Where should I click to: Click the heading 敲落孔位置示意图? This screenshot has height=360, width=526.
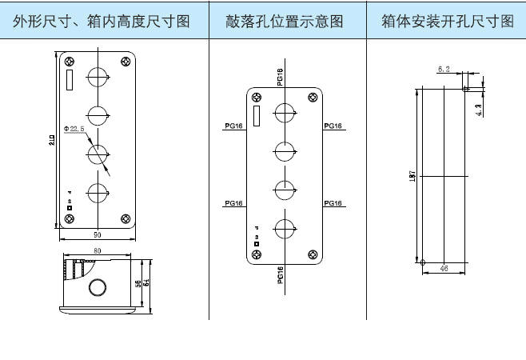pos(286,22)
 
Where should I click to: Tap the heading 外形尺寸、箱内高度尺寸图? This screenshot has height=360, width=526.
pos(102,22)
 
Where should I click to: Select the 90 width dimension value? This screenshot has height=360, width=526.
pos(96,234)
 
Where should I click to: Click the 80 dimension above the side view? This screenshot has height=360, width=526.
pos(96,250)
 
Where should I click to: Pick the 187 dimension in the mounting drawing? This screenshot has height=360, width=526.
pos(410,175)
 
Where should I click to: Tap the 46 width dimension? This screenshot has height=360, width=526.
pos(444,269)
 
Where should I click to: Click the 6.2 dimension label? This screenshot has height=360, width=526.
pos(444,70)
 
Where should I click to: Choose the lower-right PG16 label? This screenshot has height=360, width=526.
pos(333,204)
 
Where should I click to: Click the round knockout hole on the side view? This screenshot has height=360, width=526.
pos(98,289)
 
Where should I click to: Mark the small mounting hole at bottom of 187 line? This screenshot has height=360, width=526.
pos(422,261)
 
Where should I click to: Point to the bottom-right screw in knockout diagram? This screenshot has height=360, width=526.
pos(314,254)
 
